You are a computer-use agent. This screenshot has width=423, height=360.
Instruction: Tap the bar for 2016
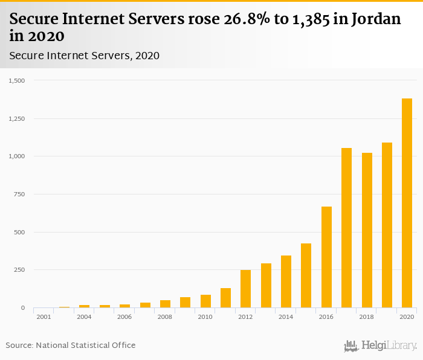point(326,257)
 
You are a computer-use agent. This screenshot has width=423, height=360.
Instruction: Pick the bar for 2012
point(245,289)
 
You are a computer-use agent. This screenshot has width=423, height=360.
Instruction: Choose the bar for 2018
point(367,230)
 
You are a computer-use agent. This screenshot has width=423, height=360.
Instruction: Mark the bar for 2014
point(286,281)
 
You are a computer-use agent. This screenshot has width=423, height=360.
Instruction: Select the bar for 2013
point(266,286)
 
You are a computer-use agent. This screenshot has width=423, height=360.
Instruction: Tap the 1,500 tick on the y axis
point(17,80)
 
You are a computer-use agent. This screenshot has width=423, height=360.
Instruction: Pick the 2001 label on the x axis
point(44,317)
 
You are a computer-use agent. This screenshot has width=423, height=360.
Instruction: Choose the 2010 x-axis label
point(205,317)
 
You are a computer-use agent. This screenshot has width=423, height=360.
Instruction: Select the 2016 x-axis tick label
point(326,317)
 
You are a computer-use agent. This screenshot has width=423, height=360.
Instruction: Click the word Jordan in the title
point(373,19)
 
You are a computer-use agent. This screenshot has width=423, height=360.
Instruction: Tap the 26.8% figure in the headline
point(227,19)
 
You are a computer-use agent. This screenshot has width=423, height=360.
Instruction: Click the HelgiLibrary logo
point(380,346)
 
